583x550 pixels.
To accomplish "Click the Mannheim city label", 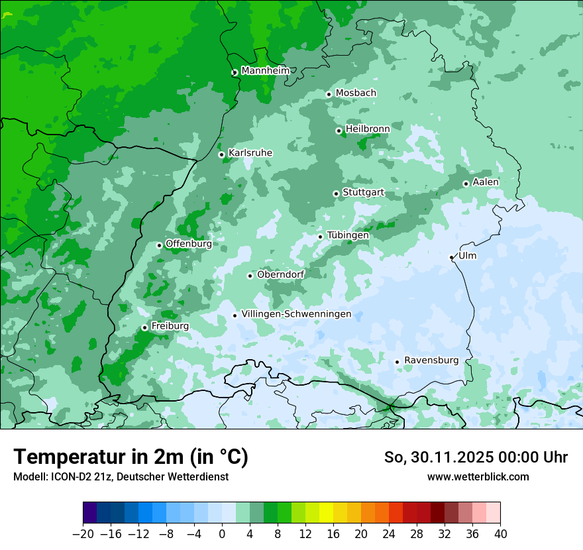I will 265,71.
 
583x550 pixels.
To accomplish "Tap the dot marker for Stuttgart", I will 336,193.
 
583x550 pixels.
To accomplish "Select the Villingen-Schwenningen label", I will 296,314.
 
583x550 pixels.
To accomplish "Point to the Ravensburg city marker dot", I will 397,362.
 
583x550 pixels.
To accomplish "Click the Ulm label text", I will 467,256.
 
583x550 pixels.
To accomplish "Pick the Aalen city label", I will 486,182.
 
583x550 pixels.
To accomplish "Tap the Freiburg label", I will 170,326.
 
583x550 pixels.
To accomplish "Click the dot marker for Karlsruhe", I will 221,154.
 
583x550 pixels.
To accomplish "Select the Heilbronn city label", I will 368,129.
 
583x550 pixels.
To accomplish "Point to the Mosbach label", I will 356,93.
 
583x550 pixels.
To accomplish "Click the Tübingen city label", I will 348,235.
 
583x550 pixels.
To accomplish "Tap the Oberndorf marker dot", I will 250,276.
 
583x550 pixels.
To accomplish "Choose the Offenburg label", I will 188,244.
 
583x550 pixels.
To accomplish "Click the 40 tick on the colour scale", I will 500,534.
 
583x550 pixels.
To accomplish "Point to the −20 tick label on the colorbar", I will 82,534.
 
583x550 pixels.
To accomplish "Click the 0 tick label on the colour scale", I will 222,534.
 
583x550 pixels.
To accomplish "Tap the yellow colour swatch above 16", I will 326,513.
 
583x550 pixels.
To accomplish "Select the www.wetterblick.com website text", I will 478,476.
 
